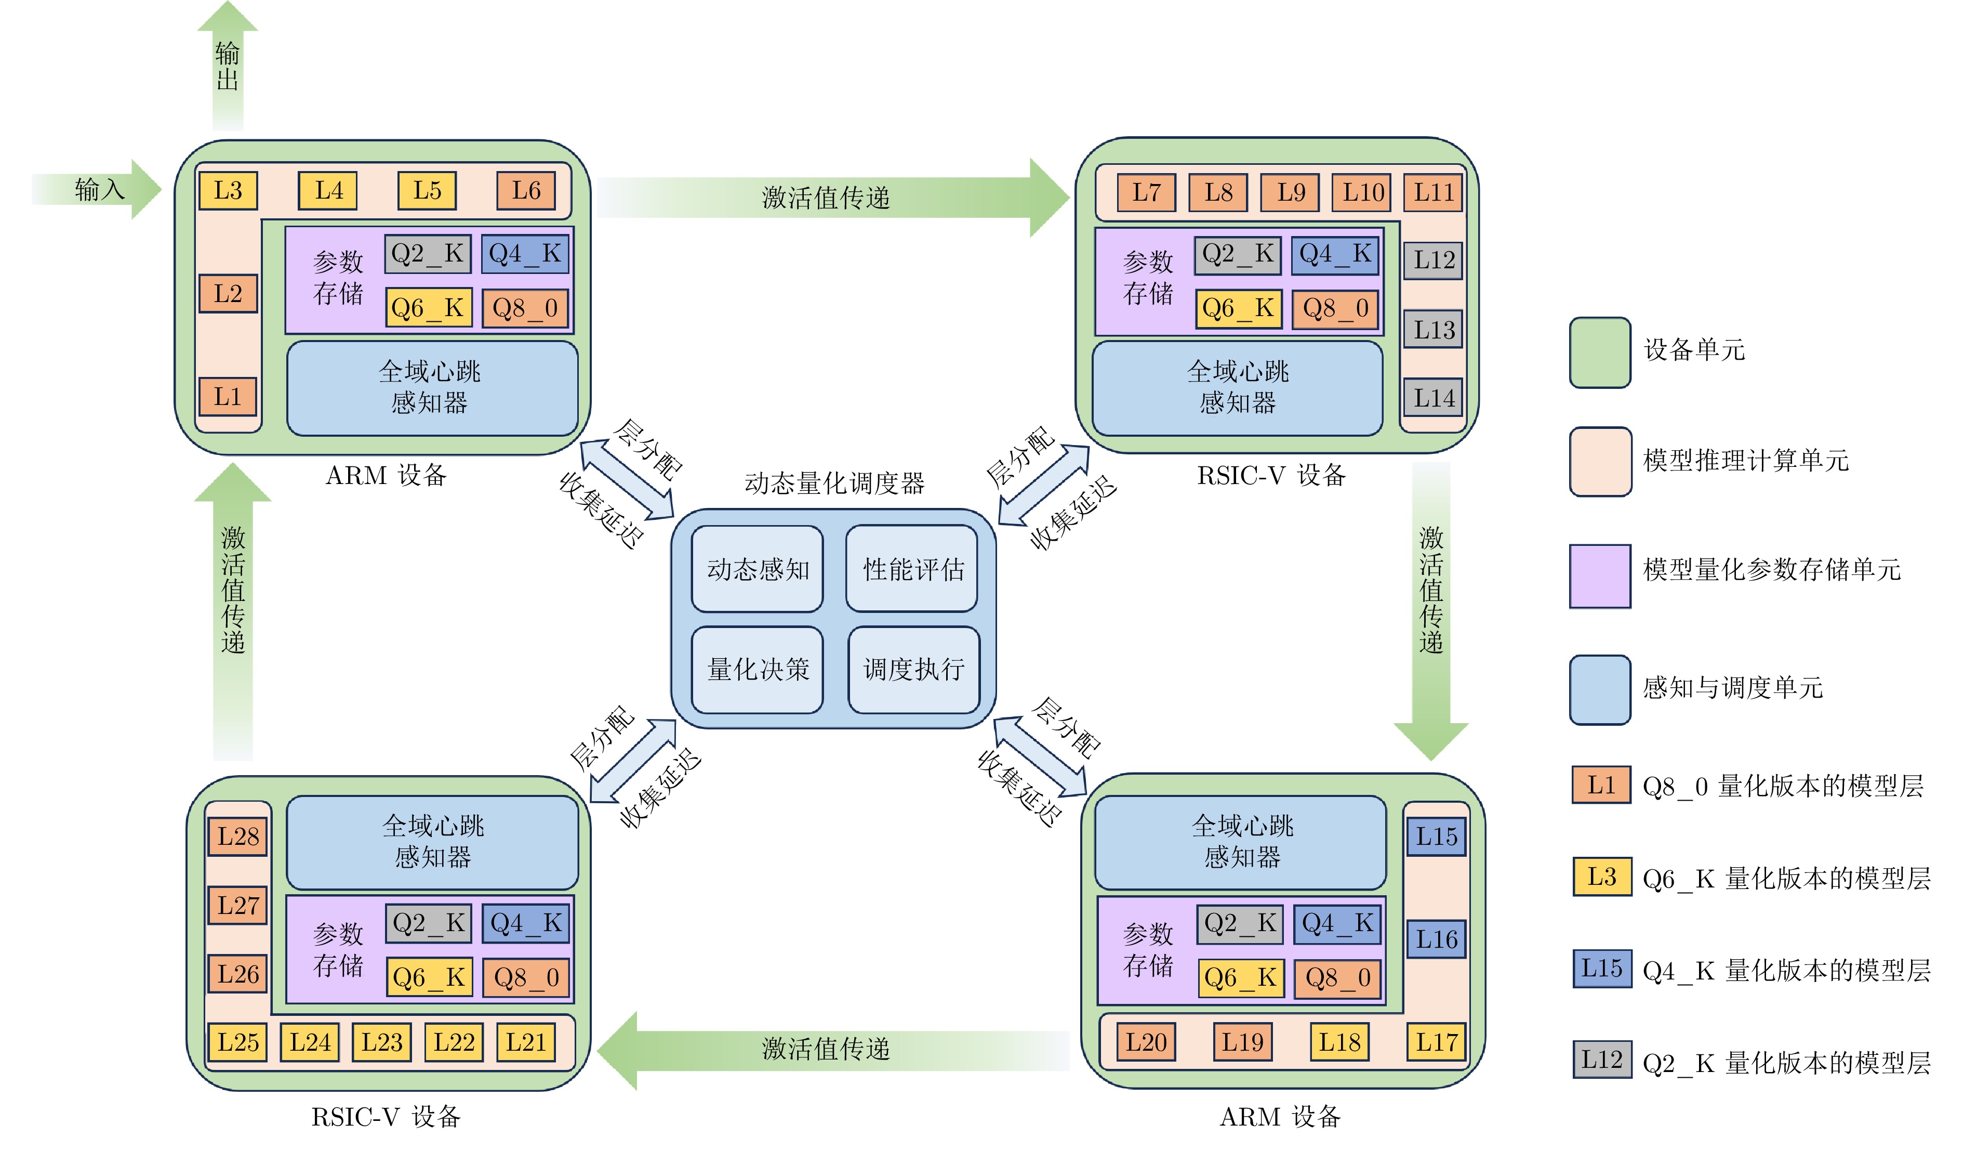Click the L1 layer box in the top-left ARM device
point(228,397)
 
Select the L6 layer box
point(526,191)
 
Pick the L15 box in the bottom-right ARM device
point(1436,837)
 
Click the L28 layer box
point(238,837)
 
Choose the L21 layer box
point(526,1042)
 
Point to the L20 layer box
point(1146,1042)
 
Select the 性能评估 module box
point(912,569)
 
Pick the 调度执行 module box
point(913,670)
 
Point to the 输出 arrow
point(228,66)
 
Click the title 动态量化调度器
point(834,483)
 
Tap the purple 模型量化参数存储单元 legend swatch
point(1599,576)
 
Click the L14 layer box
point(1433,398)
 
